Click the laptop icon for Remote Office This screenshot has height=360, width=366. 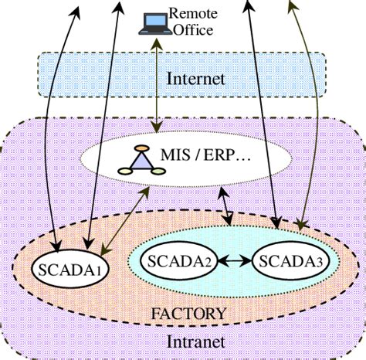(151, 24)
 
